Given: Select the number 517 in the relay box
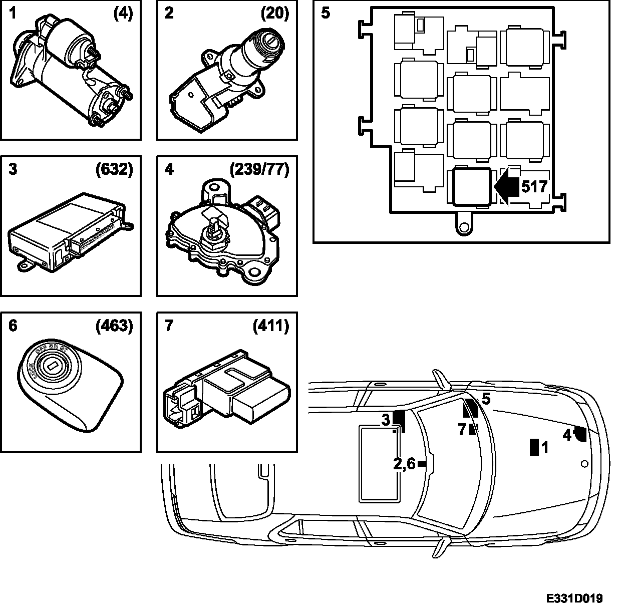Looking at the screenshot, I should click(534, 187).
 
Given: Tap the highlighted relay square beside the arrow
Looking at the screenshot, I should click(470, 187).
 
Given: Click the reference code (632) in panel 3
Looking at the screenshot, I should click(114, 170).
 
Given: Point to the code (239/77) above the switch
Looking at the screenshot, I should click(259, 170).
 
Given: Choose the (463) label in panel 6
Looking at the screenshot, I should click(114, 326).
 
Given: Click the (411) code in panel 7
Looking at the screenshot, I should click(270, 326).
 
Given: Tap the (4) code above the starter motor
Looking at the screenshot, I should click(123, 13).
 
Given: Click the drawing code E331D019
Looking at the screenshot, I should click(574, 598).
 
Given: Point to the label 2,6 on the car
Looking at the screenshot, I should click(404, 464).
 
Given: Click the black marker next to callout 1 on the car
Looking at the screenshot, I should click(534, 447).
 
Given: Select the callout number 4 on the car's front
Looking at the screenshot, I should click(567, 435).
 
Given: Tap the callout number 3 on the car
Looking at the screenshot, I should click(386, 420).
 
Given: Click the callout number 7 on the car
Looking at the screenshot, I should click(462, 429).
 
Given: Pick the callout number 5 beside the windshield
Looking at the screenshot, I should click(486, 399).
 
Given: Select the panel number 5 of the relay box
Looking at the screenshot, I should click(326, 13).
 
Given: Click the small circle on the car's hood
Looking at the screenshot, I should click(583, 464).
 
